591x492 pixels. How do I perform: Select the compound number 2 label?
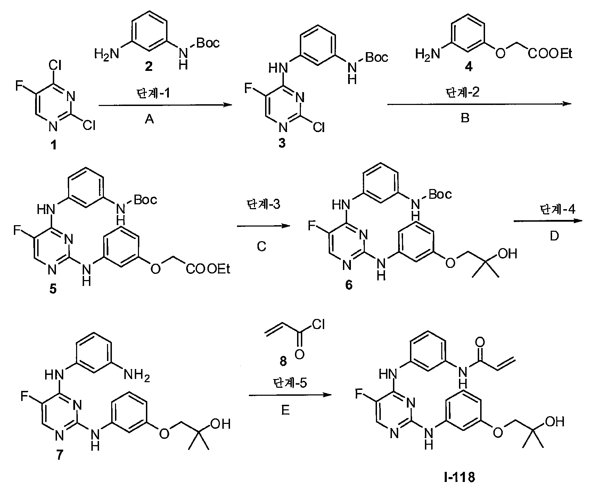[149, 66]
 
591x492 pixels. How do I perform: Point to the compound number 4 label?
[469, 66]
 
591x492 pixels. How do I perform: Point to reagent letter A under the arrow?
[149, 120]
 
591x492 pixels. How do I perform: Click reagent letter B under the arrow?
[465, 118]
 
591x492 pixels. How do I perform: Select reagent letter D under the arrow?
[554, 236]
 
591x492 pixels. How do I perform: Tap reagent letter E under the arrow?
[285, 411]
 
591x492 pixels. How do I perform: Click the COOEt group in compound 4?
[550, 54]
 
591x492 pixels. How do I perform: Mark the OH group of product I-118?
[554, 422]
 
